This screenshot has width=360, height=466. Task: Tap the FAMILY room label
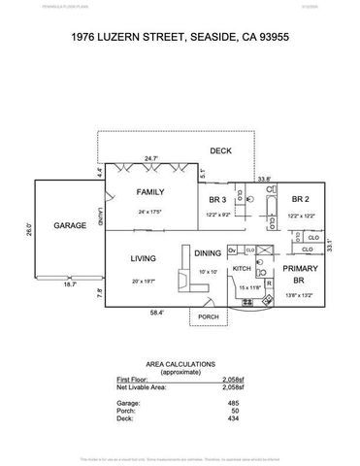pos(149,192)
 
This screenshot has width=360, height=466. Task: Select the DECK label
pos(220,150)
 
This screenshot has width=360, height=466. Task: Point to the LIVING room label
pos(145,257)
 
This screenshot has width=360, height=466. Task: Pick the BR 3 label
pos(216,200)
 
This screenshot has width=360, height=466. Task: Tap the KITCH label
pos(242,268)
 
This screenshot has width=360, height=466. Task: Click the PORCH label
pos(208,317)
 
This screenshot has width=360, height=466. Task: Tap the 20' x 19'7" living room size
pos(145,281)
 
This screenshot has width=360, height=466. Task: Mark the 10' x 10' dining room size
pos(207,273)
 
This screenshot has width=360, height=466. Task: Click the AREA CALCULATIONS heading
pos(180,359)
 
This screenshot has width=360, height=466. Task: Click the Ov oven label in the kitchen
pos(233,250)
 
